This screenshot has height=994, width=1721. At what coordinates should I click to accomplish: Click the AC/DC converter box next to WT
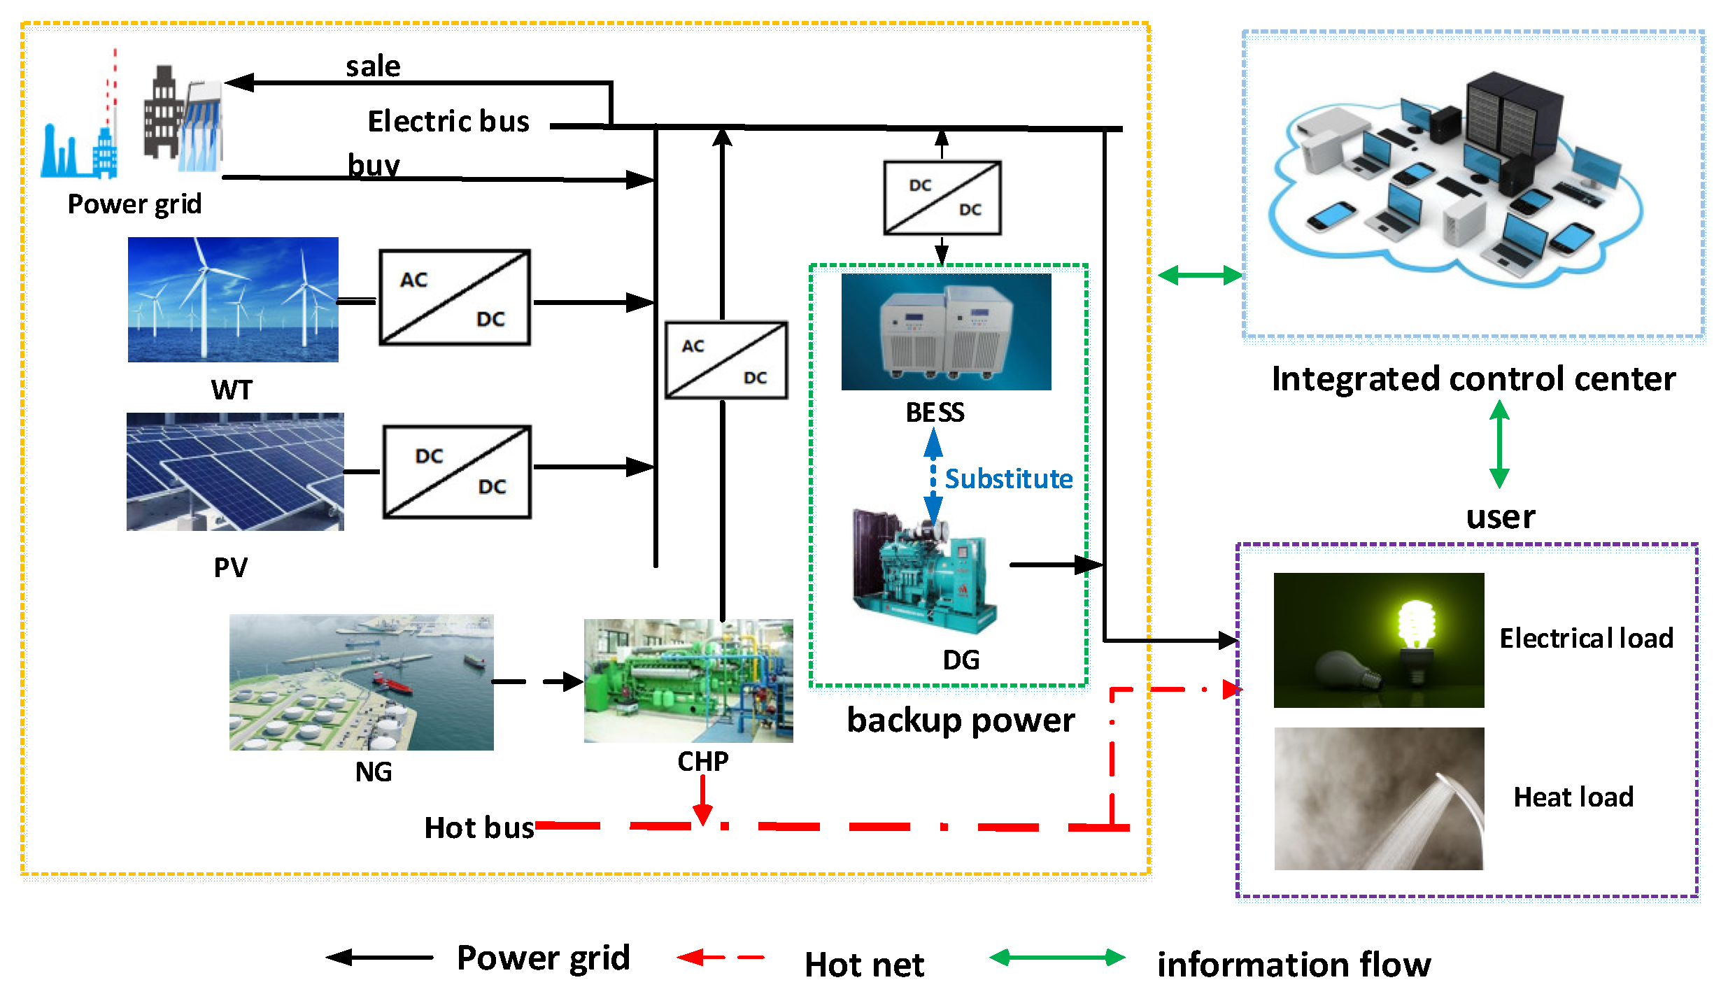coord(454,297)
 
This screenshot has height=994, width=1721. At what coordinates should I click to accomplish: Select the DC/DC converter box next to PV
coord(457,471)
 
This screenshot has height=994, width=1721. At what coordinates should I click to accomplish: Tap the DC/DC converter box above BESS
coord(942,198)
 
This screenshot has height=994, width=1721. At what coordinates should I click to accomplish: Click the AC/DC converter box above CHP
coord(725,360)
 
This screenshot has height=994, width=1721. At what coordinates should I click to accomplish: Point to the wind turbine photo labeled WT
coord(233,299)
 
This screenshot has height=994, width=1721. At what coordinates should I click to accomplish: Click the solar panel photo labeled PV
coord(235,471)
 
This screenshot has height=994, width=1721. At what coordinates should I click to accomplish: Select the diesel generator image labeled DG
coord(923,570)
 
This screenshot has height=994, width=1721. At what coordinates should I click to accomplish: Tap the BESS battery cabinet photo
coord(946,332)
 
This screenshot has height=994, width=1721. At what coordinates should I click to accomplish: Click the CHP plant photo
coord(688,680)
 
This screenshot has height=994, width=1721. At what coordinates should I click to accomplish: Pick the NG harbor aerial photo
coord(361,682)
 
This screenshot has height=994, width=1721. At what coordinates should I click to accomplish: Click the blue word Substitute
coord(1008,479)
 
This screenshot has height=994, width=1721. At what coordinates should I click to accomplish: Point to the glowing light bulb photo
coord(1378,640)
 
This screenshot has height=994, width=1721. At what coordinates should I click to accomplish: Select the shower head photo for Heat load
coord(1378,798)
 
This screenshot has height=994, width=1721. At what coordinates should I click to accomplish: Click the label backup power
coord(960,720)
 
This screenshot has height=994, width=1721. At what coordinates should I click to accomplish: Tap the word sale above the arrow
coord(373,66)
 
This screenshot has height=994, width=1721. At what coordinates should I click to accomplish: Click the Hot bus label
coord(479,828)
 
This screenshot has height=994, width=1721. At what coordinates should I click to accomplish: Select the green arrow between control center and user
coord(1499,444)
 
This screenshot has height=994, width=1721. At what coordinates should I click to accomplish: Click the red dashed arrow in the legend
coord(721,957)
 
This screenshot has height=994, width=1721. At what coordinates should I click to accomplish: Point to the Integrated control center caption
coord(1473,379)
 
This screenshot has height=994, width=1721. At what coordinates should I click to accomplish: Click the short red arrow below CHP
coord(702,801)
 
